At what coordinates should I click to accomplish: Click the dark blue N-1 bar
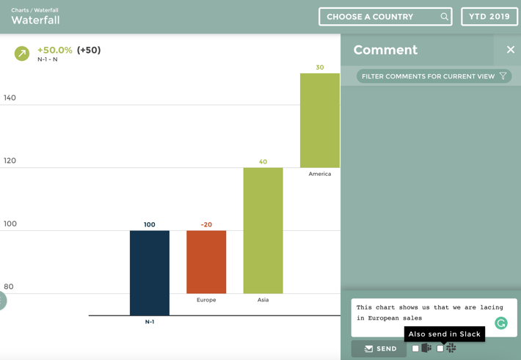pyautogui.click(x=149, y=273)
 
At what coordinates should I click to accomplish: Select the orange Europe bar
pyautogui.click(x=206, y=262)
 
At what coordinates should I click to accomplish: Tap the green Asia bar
pyautogui.click(x=263, y=230)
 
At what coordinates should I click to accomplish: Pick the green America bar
pyautogui.click(x=319, y=120)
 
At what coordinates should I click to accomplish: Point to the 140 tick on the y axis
pyautogui.click(x=10, y=98)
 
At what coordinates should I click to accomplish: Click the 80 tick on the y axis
pyautogui.click(x=8, y=287)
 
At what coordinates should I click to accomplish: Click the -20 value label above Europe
pyautogui.click(x=206, y=224)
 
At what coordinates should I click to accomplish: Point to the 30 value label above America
pyautogui.click(x=319, y=67)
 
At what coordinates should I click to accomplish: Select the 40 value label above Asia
pyautogui.click(x=263, y=162)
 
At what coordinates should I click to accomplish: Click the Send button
pyautogui.click(x=379, y=349)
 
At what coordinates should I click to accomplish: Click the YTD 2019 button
pyautogui.click(x=489, y=17)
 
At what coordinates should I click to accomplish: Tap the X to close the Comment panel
pyautogui.click(x=511, y=50)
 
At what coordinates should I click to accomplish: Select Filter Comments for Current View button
pyautogui.click(x=434, y=76)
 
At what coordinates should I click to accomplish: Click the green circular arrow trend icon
pyautogui.click(x=22, y=54)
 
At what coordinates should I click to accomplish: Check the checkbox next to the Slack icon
pyautogui.click(x=440, y=349)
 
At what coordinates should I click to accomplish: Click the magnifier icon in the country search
pyautogui.click(x=444, y=17)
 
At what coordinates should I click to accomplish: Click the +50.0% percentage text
pyautogui.click(x=55, y=50)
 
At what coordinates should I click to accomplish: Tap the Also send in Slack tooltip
pyautogui.click(x=444, y=334)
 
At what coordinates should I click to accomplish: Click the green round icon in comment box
pyautogui.click(x=501, y=323)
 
